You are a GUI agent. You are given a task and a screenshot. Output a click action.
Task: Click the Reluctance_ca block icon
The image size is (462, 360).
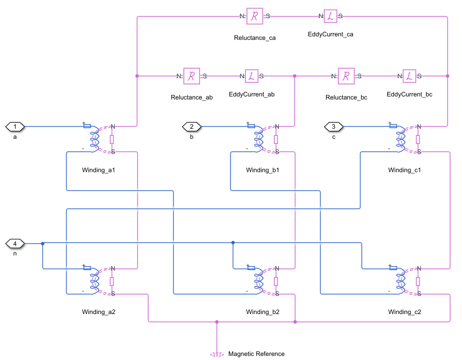(x=255, y=16)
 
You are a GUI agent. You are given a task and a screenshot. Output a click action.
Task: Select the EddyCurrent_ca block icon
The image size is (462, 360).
(x=330, y=16)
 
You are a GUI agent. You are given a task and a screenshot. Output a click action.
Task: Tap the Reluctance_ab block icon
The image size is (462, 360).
(x=192, y=76)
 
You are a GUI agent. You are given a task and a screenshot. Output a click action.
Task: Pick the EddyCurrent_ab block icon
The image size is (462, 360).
(x=251, y=76)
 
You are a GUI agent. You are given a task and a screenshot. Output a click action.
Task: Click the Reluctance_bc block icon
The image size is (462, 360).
(x=346, y=76)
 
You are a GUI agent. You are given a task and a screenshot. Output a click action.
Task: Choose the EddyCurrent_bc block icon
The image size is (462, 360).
(x=409, y=76)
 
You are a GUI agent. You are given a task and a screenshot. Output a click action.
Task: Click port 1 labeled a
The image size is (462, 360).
(x=15, y=126)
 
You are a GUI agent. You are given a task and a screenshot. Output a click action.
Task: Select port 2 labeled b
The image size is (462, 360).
(x=192, y=126)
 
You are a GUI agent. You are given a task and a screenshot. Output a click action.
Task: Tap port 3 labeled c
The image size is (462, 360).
(x=333, y=126)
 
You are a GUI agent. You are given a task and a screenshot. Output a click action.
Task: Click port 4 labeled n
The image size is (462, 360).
(x=15, y=244)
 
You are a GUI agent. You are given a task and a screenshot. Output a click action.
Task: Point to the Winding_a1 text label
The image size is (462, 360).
(x=98, y=170)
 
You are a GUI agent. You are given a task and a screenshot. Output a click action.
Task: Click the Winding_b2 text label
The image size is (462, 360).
(x=263, y=312)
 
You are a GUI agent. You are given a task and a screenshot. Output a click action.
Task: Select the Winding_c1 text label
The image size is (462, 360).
(x=404, y=170)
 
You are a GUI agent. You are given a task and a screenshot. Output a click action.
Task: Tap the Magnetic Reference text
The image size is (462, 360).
(x=256, y=354)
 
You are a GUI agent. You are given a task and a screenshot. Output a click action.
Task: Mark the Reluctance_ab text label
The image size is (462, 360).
(x=192, y=97)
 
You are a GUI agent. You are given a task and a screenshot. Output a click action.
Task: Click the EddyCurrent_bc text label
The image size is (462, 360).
(x=409, y=94)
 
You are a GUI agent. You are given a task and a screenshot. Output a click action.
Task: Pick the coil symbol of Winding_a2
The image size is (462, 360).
(x=94, y=281)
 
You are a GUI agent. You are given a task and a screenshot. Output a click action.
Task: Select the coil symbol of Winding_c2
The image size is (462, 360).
(x=400, y=281)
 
